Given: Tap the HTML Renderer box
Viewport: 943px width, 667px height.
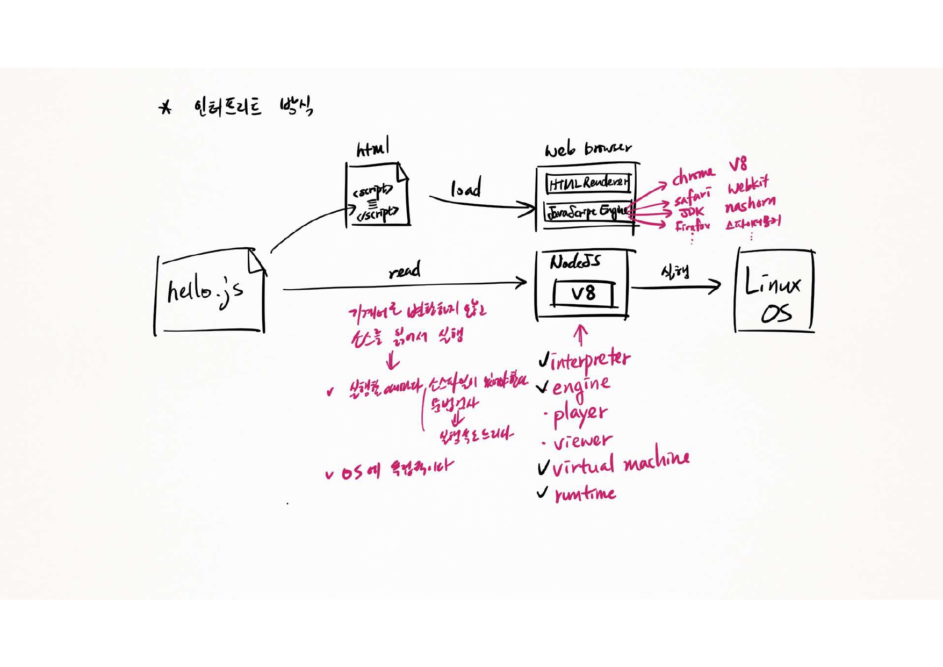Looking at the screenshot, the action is pyautogui.click(x=588, y=183).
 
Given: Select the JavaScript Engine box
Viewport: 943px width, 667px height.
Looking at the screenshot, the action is pyautogui.click(x=587, y=212).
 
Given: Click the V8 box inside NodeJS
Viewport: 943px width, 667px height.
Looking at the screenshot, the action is pyautogui.click(x=584, y=293).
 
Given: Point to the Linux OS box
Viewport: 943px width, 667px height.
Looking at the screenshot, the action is pyautogui.click(x=774, y=290).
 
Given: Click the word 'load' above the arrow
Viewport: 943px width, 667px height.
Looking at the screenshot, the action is pyautogui.click(x=465, y=189).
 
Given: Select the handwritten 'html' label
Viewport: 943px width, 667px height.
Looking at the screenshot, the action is pyautogui.click(x=373, y=147).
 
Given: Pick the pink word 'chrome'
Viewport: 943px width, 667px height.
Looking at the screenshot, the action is pyautogui.click(x=693, y=175).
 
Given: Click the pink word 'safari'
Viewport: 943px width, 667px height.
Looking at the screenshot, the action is pyautogui.click(x=692, y=196).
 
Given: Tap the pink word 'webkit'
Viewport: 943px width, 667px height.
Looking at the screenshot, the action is pyautogui.click(x=748, y=185).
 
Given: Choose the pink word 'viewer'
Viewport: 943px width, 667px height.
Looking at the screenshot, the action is pyautogui.click(x=582, y=441).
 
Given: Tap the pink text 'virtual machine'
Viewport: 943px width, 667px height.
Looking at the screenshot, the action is pyautogui.click(x=621, y=464).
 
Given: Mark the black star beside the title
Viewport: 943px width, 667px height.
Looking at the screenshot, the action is pyautogui.click(x=165, y=107).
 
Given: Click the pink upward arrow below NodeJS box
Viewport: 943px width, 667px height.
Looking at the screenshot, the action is pyautogui.click(x=580, y=335).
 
